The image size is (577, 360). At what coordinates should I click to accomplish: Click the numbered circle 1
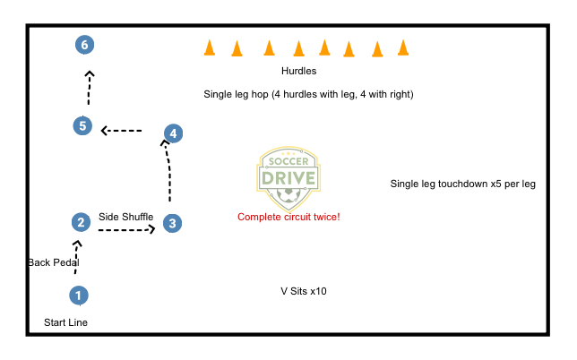[79, 295]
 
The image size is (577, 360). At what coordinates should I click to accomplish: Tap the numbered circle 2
[81, 222]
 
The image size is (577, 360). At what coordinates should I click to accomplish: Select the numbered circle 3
[173, 223]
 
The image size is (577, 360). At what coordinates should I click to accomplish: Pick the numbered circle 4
[173, 133]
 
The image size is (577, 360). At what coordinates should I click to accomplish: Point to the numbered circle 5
[82, 125]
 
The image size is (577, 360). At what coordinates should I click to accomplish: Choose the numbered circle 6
[84, 44]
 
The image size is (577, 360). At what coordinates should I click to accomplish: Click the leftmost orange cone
[209, 47]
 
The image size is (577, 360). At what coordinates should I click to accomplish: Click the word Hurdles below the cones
[298, 71]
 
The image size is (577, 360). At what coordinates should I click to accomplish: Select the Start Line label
[66, 322]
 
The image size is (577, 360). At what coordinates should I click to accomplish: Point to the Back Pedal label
[54, 262]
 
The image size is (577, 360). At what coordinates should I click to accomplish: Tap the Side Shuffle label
[126, 217]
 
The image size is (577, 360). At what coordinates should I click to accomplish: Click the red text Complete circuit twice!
[288, 217]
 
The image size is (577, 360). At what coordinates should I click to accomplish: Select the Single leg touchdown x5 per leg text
[462, 184]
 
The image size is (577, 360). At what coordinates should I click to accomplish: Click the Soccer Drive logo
[288, 175]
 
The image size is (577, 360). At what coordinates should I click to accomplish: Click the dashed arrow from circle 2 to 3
[126, 230]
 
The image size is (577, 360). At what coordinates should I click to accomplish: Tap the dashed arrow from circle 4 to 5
[122, 131]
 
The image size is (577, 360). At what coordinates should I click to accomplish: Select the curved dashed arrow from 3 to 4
[168, 170]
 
